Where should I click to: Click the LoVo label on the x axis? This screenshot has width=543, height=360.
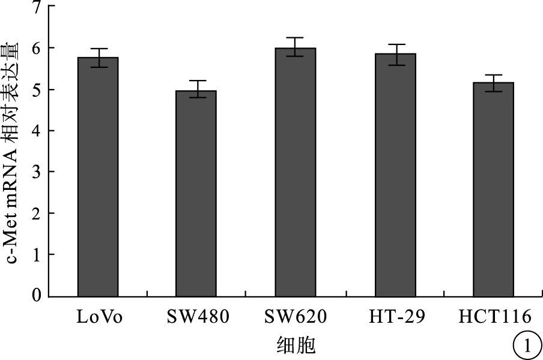point(99,317)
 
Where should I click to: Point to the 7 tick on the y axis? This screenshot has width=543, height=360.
point(37,7)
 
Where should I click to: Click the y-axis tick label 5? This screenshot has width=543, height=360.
point(37,90)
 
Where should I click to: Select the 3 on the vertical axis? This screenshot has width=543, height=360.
point(37,172)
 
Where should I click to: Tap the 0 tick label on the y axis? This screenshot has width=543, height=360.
point(37,296)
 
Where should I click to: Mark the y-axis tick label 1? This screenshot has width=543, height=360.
point(37,255)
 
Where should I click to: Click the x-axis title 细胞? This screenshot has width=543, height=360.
point(296,345)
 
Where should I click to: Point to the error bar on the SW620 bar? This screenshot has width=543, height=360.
point(295,46)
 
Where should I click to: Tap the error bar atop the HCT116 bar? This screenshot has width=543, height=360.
point(493,83)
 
